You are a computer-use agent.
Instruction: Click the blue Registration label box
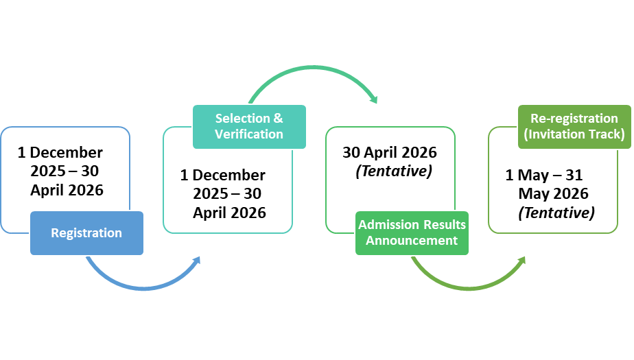86,233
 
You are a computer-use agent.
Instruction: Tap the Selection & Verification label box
249,126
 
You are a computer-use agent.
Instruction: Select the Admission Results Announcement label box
412,232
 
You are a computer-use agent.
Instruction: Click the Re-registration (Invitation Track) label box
574,126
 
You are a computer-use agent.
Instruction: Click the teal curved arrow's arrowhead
373,99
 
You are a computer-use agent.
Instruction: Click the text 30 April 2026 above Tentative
389,152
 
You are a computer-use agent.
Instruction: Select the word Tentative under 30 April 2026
394,171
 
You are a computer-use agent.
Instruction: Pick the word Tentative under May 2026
556,213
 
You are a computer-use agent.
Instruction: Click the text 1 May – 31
544,176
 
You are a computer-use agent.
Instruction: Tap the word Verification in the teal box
249,134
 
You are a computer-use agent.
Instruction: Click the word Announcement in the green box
412,241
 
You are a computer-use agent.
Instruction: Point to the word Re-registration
574,119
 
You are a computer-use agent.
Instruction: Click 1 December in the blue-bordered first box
60,152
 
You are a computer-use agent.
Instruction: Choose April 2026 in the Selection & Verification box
229,213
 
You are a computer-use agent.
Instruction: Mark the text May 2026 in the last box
553,194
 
